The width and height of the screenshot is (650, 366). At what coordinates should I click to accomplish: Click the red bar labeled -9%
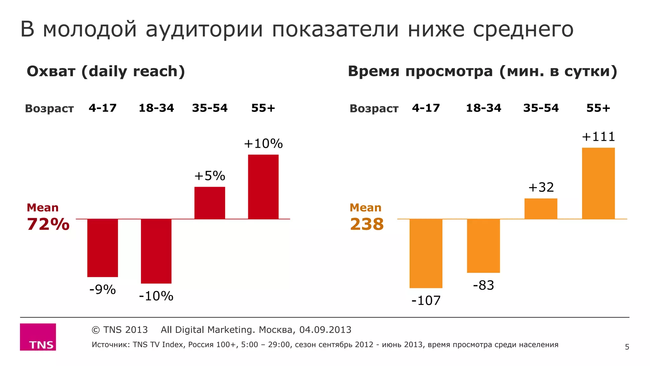click(x=103, y=248)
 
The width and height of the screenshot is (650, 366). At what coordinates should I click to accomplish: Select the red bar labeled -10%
click(x=156, y=251)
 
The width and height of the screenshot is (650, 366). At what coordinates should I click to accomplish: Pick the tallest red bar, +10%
click(x=263, y=187)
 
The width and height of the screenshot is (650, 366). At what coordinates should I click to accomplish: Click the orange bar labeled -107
click(x=426, y=253)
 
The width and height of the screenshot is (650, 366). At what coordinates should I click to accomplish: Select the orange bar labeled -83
click(x=483, y=246)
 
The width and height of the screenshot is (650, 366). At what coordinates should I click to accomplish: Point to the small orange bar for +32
click(x=541, y=208)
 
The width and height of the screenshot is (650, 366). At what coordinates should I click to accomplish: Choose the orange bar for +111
click(x=598, y=183)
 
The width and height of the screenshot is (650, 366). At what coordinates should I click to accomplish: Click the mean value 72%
click(x=48, y=224)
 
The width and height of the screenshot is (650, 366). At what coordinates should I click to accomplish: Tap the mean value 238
click(x=367, y=224)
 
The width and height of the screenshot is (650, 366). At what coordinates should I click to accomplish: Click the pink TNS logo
click(x=38, y=337)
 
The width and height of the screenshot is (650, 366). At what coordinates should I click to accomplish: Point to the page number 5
click(x=627, y=347)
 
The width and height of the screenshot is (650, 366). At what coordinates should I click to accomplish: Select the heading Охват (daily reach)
click(x=106, y=71)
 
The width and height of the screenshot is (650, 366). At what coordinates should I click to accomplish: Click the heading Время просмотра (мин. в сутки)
click(x=482, y=71)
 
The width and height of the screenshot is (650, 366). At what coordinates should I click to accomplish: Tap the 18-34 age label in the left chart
click(x=156, y=108)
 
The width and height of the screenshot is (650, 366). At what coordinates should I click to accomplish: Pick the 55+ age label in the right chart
click(x=598, y=108)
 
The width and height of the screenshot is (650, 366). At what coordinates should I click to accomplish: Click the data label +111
click(x=598, y=137)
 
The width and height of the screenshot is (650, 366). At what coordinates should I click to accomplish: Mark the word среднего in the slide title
click(x=523, y=30)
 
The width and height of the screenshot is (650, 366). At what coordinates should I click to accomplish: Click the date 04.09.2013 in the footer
click(x=325, y=330)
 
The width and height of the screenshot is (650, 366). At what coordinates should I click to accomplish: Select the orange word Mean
click(x=365, y=208)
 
